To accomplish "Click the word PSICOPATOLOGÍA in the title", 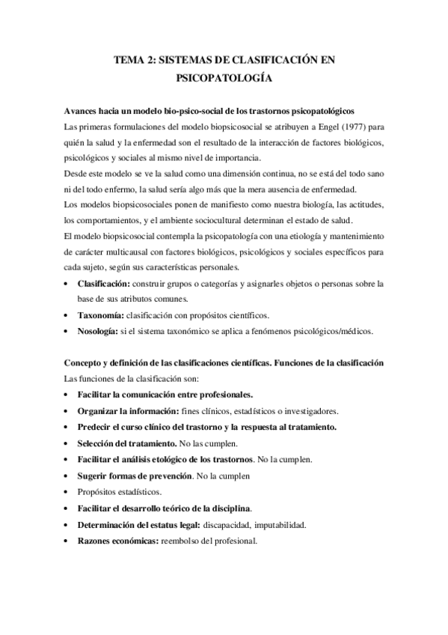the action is [x=224, y=77].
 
